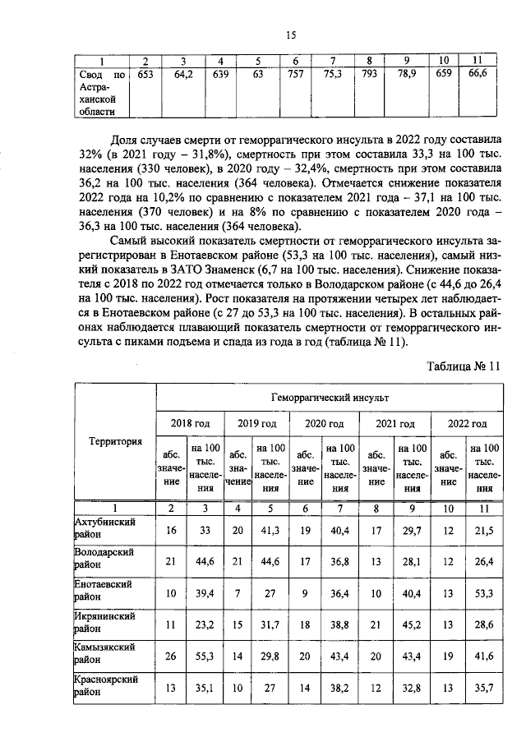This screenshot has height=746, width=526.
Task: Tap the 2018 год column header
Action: click(190, 423)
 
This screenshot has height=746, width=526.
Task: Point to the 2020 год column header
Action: click(325, 423)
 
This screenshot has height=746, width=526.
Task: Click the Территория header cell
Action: click(115, 441)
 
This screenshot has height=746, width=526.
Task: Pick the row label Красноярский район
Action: click(106, 686)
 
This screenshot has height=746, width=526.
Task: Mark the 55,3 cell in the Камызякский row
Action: click(205, 652)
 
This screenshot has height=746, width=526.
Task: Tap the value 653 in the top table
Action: click(145, 74)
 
